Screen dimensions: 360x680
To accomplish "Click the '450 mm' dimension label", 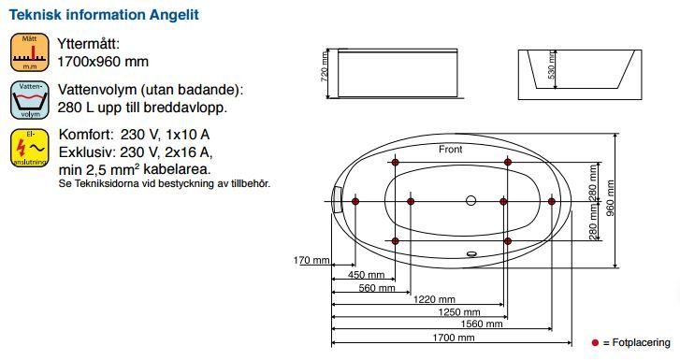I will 366,275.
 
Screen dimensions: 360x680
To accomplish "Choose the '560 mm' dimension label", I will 371,288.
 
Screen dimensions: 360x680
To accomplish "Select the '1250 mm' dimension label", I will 457,312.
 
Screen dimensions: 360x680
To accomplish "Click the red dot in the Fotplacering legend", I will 595,344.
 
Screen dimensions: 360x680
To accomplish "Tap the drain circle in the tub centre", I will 470,201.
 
